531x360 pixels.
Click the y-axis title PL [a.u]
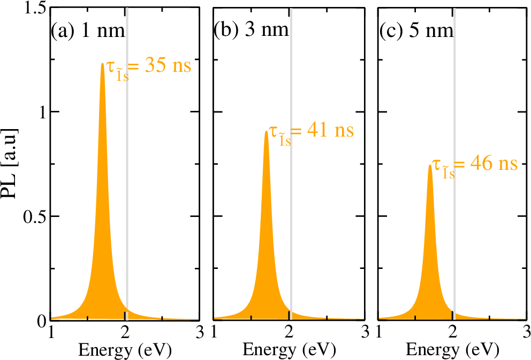[12, 164]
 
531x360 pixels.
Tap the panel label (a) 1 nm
[88, 31]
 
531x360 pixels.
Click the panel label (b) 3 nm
[251, 31]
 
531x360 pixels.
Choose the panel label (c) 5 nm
[416, 31]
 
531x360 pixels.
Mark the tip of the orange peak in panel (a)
[102, 64]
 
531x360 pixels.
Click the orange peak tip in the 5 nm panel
[430, 166]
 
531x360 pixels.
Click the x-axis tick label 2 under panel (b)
[289, 332]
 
